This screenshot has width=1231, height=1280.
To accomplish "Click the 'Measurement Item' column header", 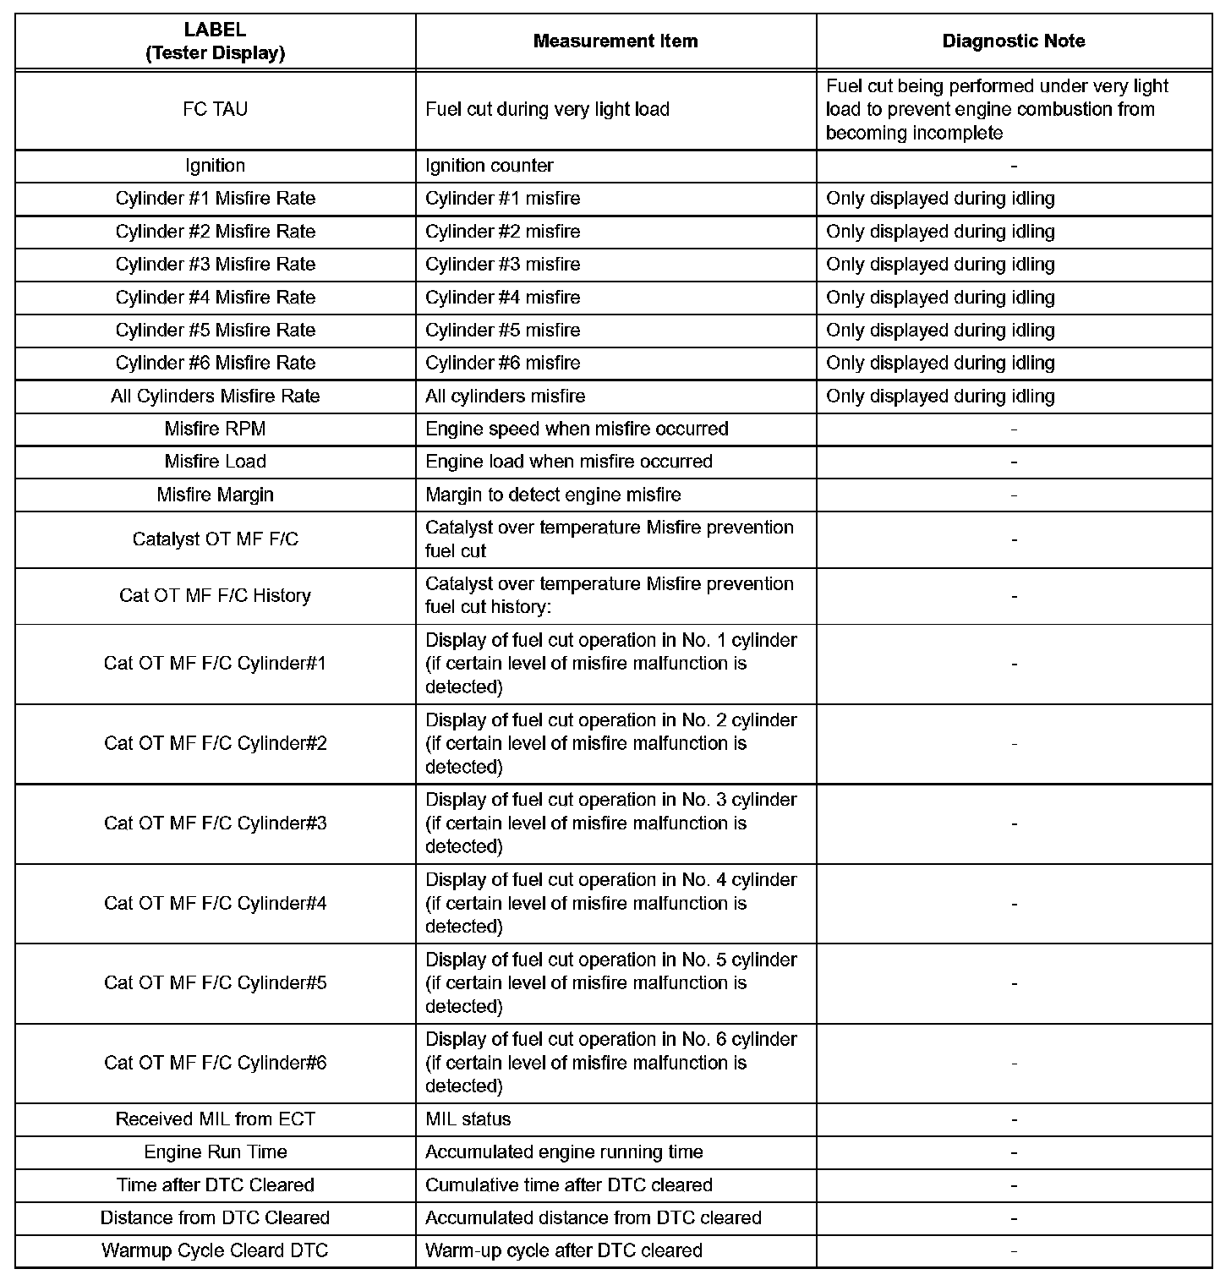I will pyautogui.click(x=615, y=41).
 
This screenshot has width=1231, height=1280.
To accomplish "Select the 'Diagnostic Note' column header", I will pyautogui.click(x=1014, y=41).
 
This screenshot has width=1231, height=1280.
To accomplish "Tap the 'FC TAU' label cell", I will pyautogui.click(x=216, y=110).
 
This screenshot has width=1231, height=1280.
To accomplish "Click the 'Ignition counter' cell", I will pyautogui.click(x=490, y=166).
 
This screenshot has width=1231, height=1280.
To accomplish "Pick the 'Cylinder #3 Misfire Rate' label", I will pyautogui.click(x=216, y=265).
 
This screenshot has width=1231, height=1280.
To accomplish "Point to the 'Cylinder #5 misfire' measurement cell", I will pyautogui.click(x=503, y=331).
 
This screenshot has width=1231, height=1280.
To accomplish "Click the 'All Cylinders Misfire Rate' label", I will pyautogui.click(x=216, y=397).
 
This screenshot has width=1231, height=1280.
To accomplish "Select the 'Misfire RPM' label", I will pyautogui.click(x=216, y=429).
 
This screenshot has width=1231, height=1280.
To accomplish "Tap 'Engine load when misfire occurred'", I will pyautogui.click(x=569, y=462).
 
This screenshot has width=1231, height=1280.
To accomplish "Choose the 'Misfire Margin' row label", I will pyautogui.click(x=216, y=495).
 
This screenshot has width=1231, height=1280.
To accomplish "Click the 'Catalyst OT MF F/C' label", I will pyautogui.click(x=216, y=539).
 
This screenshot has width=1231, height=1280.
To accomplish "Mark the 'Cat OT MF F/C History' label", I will pyautogui.click(x=216, y=596).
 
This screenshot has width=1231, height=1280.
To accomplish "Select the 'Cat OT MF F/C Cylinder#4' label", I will pyautogui.click(x=216, y=904).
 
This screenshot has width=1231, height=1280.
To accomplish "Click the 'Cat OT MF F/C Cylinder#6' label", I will pyautogui.click(x=216, y=1063).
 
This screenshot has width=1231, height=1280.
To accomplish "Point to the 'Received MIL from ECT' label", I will pyautogui.click(x=216, y=1119).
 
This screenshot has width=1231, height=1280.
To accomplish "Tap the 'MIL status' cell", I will pyautogui.click(x=468, y=1119).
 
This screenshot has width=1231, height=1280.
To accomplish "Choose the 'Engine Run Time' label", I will pyautogui.click(x=216, y=1152).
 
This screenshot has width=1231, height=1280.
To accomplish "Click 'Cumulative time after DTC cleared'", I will pyautogui.click(x=569, y=1185).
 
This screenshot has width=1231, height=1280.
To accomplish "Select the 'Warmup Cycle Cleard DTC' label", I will pyautogui.click(x=216, y=1251).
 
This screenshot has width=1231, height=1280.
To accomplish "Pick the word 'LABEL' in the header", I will pyautogui.click(x=216, y=30).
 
